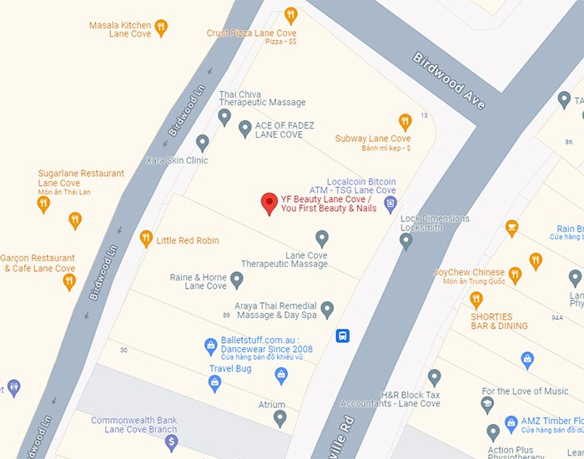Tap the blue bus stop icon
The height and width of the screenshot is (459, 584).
(342, 335)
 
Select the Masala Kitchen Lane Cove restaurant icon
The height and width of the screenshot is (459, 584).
(161, 28)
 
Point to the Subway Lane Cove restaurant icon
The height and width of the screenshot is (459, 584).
(405, 122)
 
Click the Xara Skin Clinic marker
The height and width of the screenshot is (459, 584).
(202, 143)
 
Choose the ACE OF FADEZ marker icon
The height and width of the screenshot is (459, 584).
(244, 129)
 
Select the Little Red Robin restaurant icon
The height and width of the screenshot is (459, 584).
(146, 240)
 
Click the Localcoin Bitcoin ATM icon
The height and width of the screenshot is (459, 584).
(390, 203)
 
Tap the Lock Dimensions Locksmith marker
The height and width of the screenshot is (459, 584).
(406, 241)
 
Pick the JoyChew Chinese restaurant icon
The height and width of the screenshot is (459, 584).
(515, 274)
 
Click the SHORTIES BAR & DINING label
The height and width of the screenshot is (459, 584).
(499, 321)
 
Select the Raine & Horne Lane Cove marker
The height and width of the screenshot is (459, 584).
(237, 280)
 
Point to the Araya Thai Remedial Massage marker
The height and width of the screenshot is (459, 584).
(327, 310)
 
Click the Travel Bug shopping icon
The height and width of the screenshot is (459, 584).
(214, 383)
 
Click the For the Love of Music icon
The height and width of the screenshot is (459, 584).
(487, 406)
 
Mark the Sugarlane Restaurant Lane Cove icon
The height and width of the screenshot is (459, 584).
(43, 204)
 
